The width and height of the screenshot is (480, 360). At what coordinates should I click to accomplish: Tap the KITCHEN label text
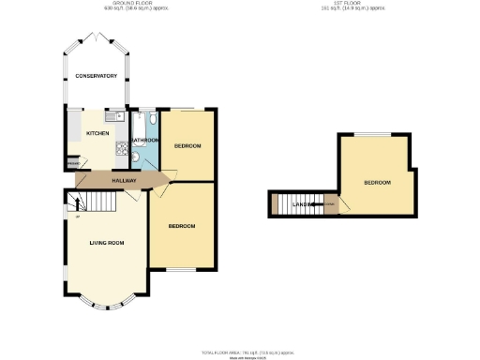97,134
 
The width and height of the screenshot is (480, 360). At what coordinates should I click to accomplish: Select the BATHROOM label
144,141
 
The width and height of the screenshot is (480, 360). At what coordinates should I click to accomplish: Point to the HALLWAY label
125,180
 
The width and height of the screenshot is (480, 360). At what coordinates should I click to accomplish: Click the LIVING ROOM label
107,243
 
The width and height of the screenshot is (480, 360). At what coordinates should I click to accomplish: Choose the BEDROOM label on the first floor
377,182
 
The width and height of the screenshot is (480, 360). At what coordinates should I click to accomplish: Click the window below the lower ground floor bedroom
183,269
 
